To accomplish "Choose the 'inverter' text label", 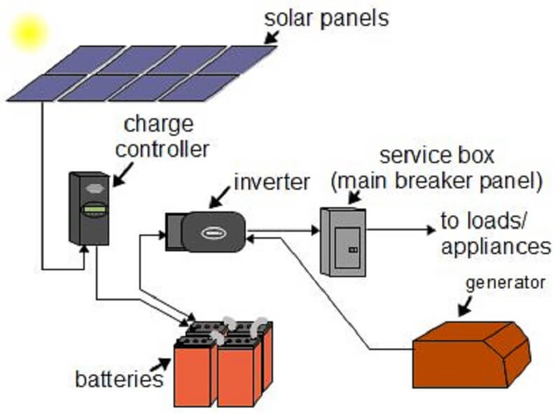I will [272, 183].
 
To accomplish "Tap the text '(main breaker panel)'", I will [437, 181].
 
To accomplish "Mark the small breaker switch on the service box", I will [353, 248].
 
